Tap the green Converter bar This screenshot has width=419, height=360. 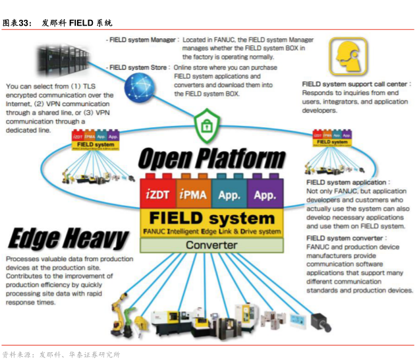(x=211, y=245)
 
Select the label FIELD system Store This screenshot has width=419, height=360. (x=138, y=67)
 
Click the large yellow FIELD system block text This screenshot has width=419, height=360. (x=211, y=218)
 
